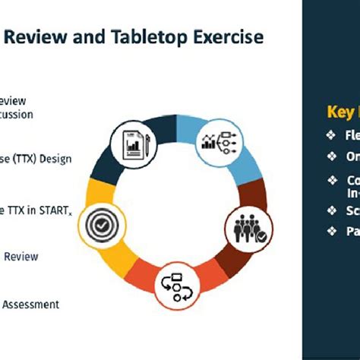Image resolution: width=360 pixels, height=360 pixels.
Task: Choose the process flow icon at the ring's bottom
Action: (x=176, y=285)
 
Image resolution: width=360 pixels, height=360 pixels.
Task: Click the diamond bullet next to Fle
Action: (x=330, y=136)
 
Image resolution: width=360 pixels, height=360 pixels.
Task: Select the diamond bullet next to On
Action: (x=330, y=156)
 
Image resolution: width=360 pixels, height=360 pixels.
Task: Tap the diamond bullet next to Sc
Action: (x=330, y=210)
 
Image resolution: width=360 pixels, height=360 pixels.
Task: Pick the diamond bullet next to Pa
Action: (x=330, y=230)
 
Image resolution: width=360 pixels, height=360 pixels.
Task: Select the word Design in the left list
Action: (x=57, y=159)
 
